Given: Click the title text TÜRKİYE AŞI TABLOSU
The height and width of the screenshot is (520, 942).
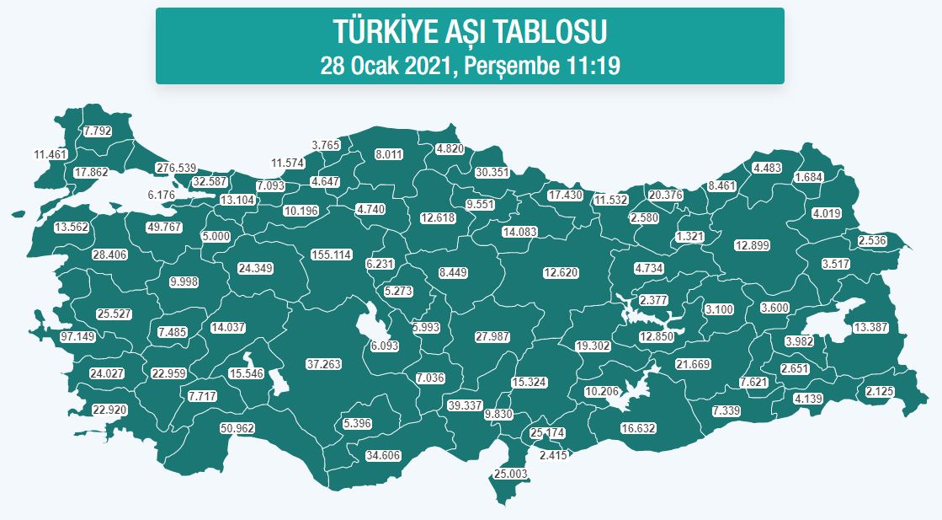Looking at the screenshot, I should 470,32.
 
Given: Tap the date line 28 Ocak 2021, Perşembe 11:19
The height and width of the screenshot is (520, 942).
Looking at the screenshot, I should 470,66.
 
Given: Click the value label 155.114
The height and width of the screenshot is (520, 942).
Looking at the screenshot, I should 331,255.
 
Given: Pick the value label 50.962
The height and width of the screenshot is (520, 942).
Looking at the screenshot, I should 237,428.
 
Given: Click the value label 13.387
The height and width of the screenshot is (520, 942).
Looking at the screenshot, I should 870,327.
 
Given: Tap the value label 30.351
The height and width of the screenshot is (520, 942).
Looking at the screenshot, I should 492,172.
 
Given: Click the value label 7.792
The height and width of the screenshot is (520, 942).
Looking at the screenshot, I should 98,131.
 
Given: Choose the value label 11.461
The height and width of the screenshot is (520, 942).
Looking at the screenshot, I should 50,154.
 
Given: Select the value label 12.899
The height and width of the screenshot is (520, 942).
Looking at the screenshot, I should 752,245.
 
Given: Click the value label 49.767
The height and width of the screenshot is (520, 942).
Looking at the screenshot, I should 164,228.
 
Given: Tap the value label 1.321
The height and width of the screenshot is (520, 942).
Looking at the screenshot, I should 690,236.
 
